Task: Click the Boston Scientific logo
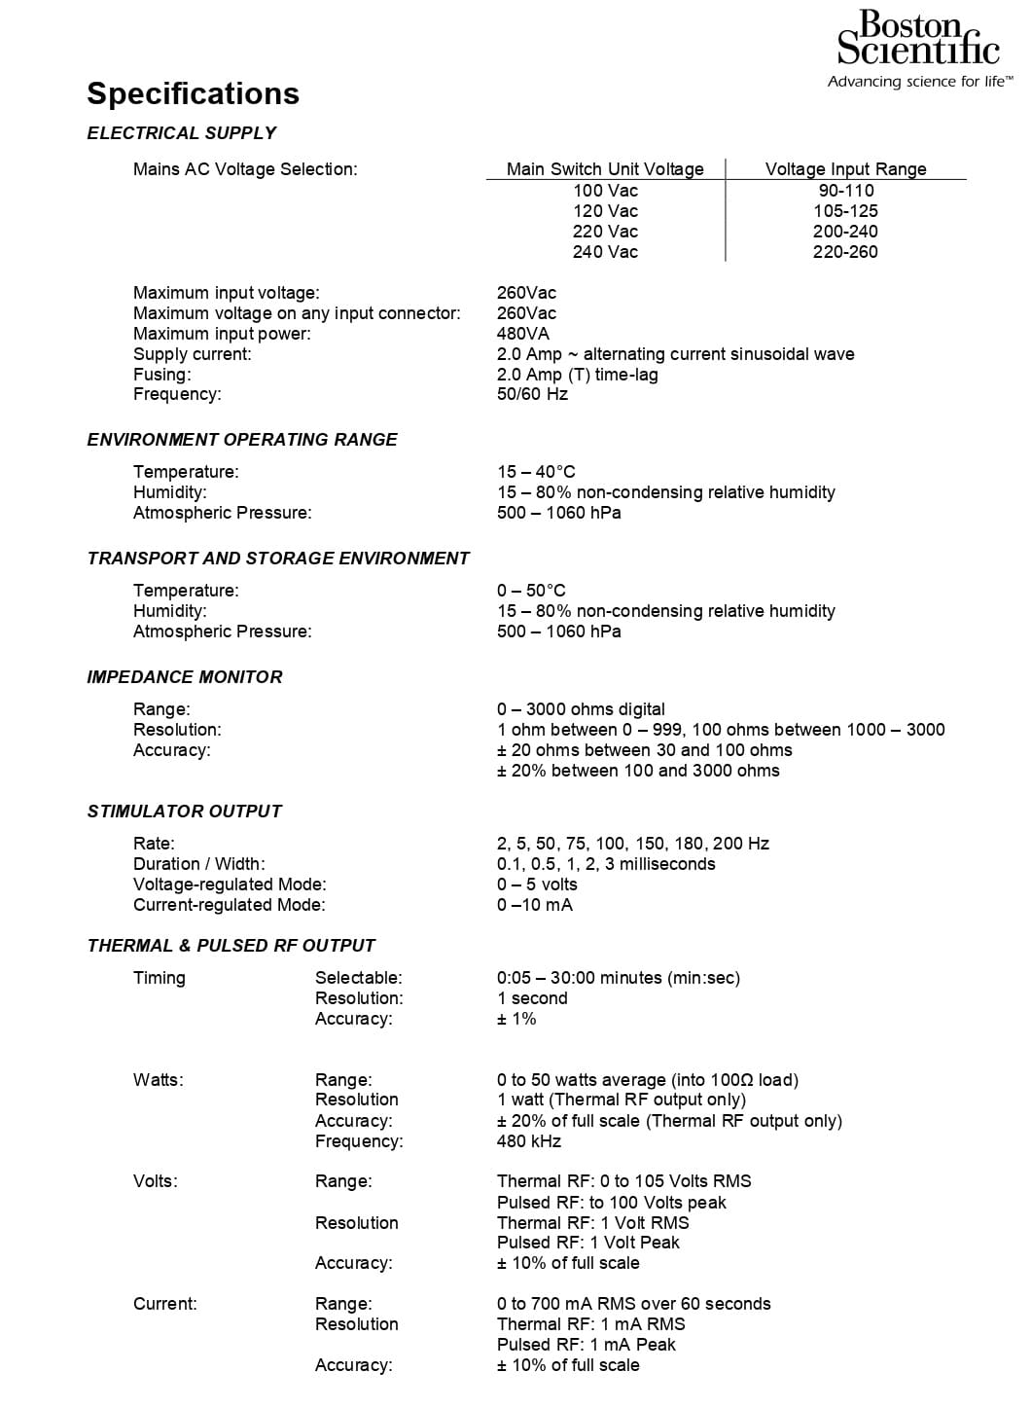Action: (918, 49)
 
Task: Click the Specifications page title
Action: (193, 93)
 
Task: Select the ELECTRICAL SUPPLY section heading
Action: (181, 133)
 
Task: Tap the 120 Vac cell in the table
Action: (605, 211)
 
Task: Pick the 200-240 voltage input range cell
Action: (845, 232)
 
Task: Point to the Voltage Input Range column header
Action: (845, 169)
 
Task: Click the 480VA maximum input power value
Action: (523, 334)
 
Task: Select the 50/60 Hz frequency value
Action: (532, 394)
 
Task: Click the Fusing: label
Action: (161, 375)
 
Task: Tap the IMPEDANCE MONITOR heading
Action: (185, 677)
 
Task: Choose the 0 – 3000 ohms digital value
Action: (581, 709)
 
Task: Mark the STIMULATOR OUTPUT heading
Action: (184, 812)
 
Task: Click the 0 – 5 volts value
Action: (537, 885)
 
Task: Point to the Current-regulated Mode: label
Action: (229, 905)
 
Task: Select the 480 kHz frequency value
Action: (529, 1141)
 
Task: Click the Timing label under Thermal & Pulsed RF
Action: (159, 978)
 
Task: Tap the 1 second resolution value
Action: (532, 998)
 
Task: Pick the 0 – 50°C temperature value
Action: (531, 591)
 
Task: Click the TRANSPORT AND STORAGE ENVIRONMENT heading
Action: (278, 559)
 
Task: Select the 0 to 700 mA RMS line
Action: (633, 1304)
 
